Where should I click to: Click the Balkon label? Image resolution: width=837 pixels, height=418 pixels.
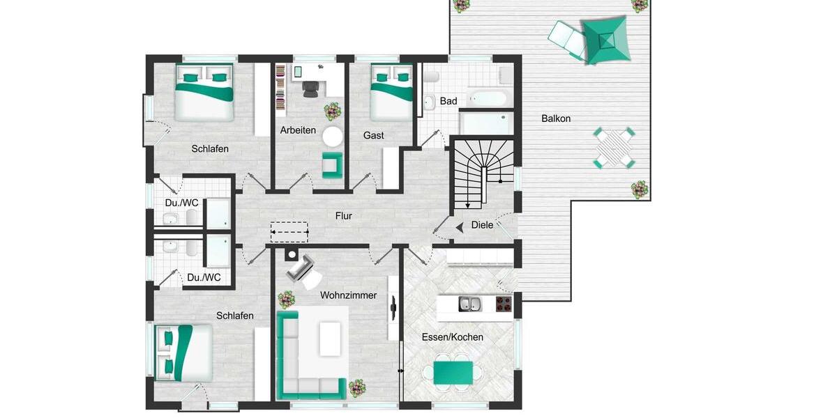click(556, 118)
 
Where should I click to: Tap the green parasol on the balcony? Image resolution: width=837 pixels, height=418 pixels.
click(605, 40)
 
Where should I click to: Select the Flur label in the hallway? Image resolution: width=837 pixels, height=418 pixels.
click(343, 216)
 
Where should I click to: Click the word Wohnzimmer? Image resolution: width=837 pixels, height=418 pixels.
click(348, 295)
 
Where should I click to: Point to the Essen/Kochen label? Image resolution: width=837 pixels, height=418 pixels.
click(452, 337)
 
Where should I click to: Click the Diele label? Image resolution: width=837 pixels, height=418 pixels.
click(482, 225)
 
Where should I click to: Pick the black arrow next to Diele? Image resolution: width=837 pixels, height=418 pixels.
click(460, 226)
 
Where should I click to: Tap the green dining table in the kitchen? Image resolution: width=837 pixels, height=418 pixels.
click(453, 373)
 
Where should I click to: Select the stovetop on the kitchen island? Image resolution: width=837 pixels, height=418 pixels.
click(503, 304)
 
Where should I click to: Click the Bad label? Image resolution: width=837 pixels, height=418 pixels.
click(448, 101)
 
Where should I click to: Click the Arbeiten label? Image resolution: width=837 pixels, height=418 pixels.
click(298, 130)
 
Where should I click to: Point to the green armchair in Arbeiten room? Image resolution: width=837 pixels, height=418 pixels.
click(331, 164)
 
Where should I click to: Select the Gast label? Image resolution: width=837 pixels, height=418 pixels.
click(373, 135)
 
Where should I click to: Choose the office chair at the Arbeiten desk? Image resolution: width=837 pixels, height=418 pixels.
click(310, 87)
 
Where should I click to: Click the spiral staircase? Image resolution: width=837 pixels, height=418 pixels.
click(483, 174)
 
